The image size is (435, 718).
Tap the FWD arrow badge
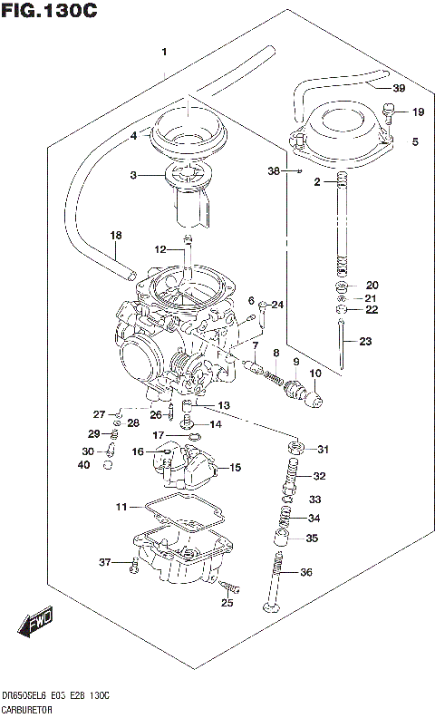(34, 623)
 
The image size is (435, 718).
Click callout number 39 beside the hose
(399, 88)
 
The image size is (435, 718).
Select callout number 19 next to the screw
(418, 112)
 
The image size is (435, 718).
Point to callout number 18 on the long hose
(115, 236)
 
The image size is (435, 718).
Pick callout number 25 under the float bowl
(227, 602)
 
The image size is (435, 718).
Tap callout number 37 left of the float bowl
(104, 563)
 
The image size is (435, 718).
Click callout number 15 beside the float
(236, 468)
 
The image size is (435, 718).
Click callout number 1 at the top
(164, 52)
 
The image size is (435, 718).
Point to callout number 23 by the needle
(365, 342)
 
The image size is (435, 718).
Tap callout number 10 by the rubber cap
(315, 374)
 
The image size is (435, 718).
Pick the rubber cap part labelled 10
(313, 396)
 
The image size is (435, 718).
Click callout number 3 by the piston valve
(132, 175)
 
